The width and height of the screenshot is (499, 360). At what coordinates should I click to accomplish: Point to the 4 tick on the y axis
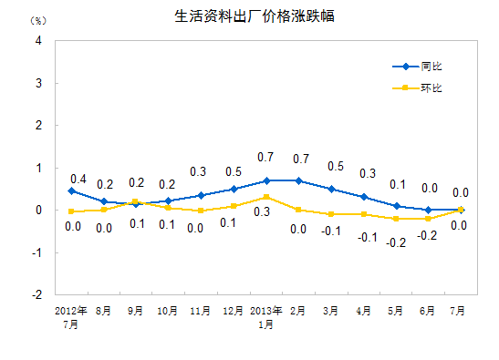tap(38, 41)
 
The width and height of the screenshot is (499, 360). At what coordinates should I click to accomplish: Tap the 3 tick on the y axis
tap(38, 83)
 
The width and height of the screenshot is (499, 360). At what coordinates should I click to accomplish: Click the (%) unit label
tap(37, 20)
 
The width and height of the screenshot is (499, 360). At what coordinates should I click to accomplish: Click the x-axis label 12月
tap(233, 310)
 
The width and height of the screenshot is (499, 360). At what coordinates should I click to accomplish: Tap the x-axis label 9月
tap(136, 310)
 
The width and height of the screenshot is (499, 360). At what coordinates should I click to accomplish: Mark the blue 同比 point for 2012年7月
tap(71, 191)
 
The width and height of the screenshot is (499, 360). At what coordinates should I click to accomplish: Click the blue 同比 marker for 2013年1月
tap(265, 180)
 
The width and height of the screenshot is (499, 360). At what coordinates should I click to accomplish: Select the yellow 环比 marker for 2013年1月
tap(265, 197)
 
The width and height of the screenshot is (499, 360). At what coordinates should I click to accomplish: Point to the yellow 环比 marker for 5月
tap(396, 219)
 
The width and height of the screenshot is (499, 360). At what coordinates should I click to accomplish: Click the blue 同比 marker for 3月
tap(331, 189)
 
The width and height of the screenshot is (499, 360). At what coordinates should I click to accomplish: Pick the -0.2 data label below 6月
tap(428, 235)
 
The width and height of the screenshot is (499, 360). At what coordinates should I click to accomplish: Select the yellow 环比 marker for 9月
tap(136, 201)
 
